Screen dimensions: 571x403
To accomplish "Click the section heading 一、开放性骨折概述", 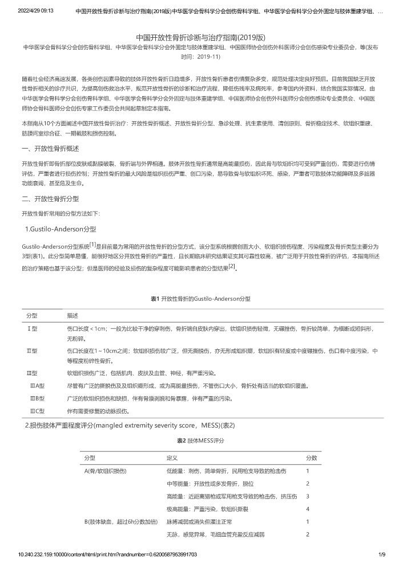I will (x=50, y=149).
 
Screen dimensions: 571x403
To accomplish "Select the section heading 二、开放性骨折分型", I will (x=50, y=199).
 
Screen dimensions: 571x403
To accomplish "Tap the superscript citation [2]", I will (x=231, y=266).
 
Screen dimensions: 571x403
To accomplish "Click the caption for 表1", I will (x=200, y=298).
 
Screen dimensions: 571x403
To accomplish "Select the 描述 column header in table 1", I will (x=72, y=316).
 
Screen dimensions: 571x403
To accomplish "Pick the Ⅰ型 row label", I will (x=33, y=329).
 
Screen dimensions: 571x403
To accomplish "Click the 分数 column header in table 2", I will (x=311, y=458).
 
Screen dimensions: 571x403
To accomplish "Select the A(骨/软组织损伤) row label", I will (x=106, y=471).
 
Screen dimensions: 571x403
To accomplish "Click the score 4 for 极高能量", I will (x=308, y=509).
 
